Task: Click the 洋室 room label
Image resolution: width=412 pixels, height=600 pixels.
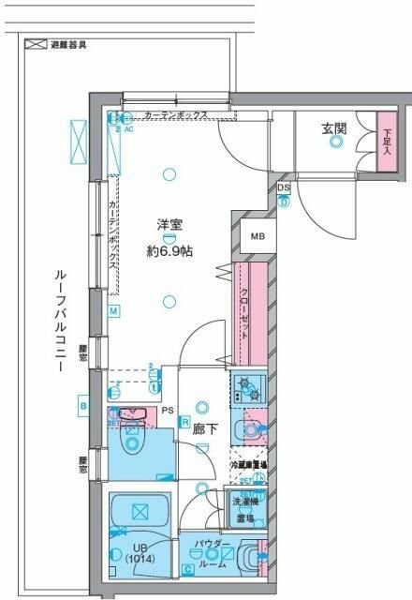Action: (x=169, y=224)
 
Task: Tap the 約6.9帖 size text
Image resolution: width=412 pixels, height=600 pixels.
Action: (x=169, y=250)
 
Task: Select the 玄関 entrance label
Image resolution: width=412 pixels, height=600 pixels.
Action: (x=336, y=127)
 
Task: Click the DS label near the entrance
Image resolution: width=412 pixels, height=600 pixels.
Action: (x=284, y=188)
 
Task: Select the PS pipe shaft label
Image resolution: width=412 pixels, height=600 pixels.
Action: (x=168, y=411)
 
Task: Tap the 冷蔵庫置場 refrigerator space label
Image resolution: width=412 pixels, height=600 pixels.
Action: (x=249, y=465)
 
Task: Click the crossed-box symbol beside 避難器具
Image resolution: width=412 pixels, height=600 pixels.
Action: (x=36, y=43)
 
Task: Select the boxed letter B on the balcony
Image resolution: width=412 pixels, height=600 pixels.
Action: (x=83, y=405)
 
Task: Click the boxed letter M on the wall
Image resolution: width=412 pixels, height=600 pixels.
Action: (x=112, y=311)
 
